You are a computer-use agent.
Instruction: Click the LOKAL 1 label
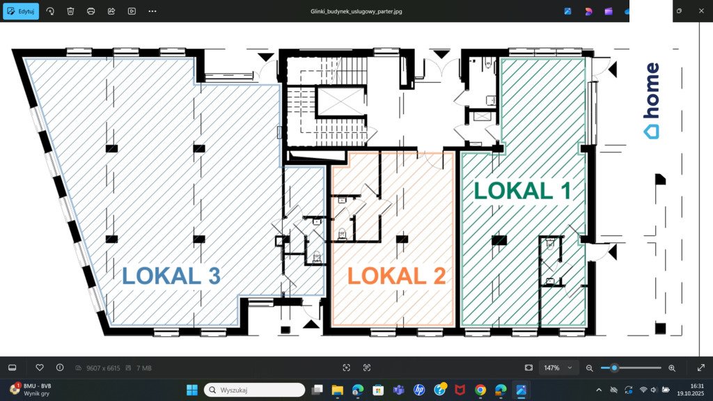click(522, 191)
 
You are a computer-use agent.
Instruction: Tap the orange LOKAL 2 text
click(396, 276)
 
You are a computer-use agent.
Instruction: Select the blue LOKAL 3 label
click(171, 276)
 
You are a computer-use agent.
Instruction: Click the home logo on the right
click(652, 100)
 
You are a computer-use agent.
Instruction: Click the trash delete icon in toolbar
click(70, 11)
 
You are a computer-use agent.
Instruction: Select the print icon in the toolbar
click(91, 11)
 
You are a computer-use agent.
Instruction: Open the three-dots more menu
click(152, 11)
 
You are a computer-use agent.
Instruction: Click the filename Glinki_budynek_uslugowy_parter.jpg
click(356, 11)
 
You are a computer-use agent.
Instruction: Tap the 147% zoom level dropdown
click(558, 368)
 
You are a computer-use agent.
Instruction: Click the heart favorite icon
click(40, 368)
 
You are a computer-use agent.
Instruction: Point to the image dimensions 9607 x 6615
click(103, 368)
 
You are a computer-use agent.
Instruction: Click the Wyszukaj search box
click(255, 390)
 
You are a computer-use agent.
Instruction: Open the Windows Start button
click(192, 390)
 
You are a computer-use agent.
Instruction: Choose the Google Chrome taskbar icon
click(480, 390)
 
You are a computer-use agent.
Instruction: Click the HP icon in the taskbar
click(419, 390)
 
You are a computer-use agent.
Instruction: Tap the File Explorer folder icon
click(338, 390)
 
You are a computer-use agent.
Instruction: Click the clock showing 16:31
click(696, 386)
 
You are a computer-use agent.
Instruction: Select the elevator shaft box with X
click(340, 102)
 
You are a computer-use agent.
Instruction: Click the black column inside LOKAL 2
click(402, 239)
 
